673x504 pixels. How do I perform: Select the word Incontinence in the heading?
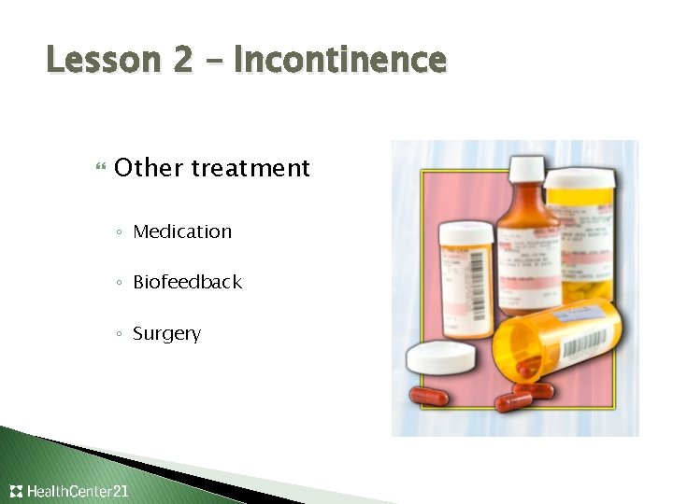click(x=340, y=61)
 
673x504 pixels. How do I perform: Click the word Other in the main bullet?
click(x=148, y=168)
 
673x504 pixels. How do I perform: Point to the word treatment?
click(x=251, y=168)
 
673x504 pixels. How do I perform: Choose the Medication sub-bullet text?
click(x=182, y=231)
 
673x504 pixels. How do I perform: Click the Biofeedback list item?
click(x=187, y=282)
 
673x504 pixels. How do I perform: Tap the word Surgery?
click(x=166, y=333)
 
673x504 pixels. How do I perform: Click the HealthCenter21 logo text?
click(x=79, y=491)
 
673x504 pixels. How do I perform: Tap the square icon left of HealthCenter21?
click(x=16, y=491)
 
